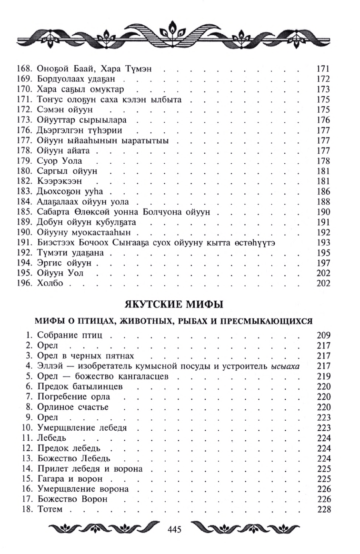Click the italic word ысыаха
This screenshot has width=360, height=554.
[x=288, y=366]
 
